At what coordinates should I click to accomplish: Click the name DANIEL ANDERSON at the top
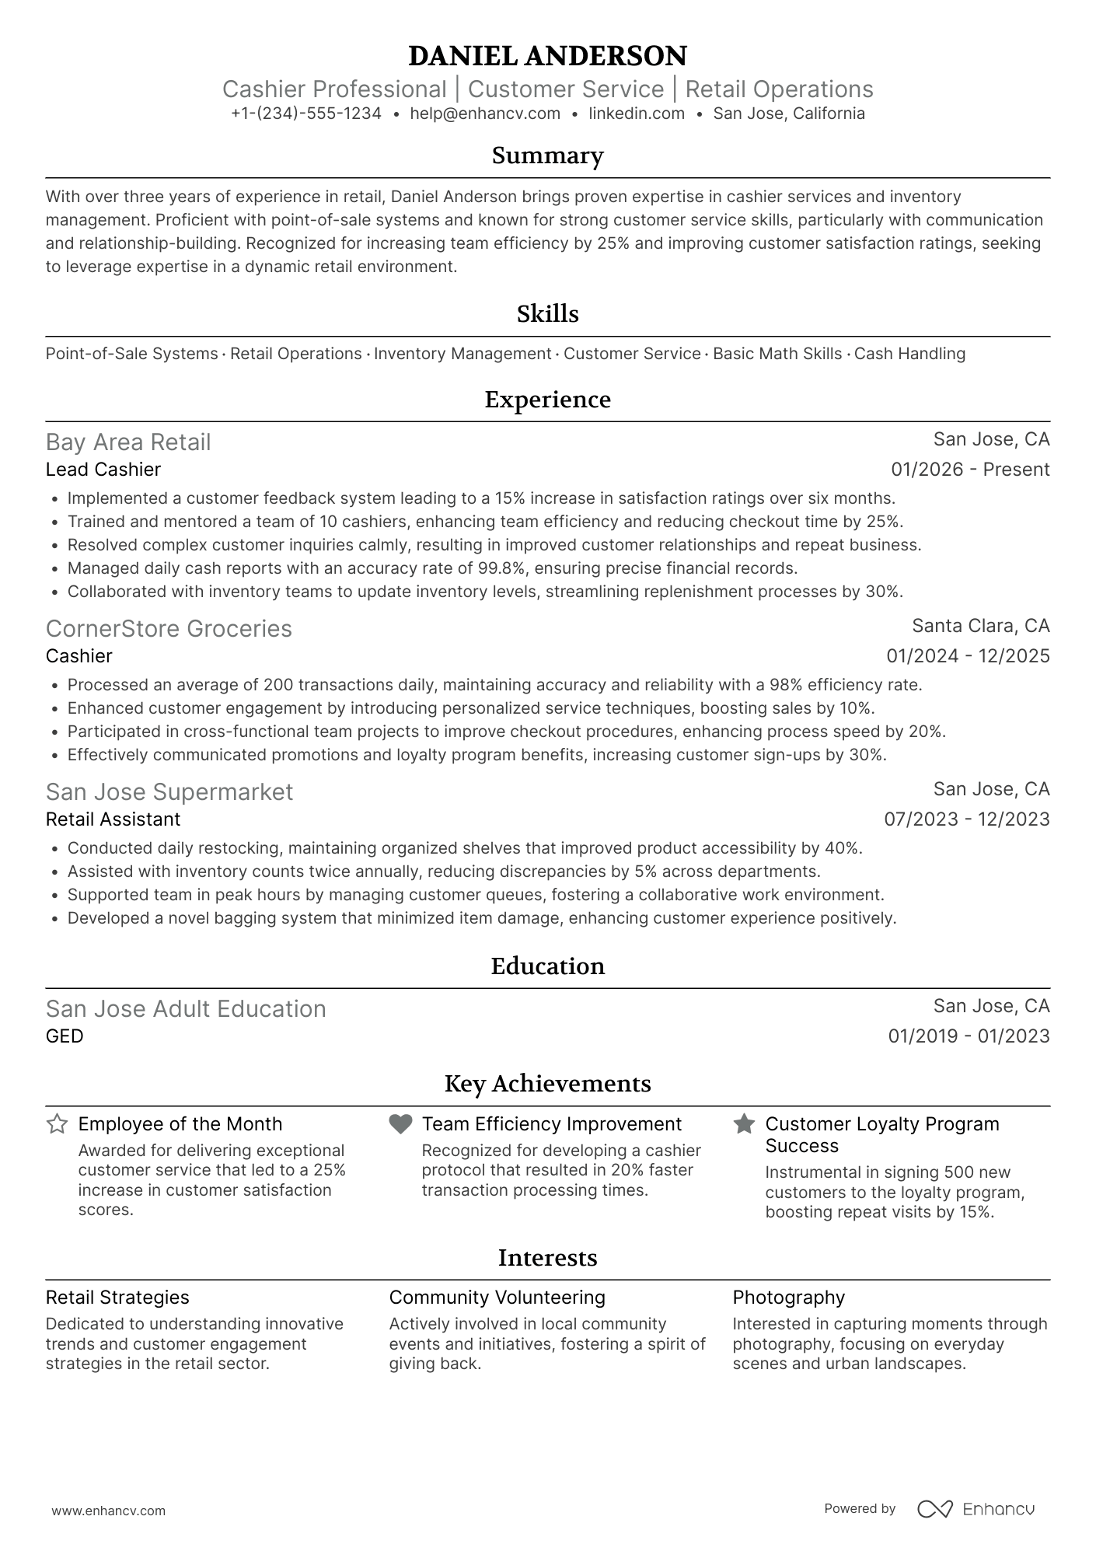547,56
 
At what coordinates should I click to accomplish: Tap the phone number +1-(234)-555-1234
306,114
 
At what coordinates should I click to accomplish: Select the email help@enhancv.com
485,114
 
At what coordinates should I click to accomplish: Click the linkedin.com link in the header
637,114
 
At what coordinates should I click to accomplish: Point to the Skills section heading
547,314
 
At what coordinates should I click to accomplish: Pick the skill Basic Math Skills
777,354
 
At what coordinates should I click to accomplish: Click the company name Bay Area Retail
128,442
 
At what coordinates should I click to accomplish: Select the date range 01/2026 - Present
970,470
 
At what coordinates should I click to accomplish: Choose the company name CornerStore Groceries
169,629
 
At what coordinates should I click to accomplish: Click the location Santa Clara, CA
980,626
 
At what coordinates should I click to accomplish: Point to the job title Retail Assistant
113,819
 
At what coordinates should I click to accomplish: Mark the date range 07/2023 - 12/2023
966,819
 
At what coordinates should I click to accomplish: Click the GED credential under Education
65,1036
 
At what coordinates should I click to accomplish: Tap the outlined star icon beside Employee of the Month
57,1124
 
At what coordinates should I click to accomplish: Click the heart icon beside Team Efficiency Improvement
400,1124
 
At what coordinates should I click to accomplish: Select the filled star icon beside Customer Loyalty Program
744,1124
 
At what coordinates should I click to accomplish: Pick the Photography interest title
788,1298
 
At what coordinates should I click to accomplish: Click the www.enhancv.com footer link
108,1511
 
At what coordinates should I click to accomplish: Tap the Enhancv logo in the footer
976,1509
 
